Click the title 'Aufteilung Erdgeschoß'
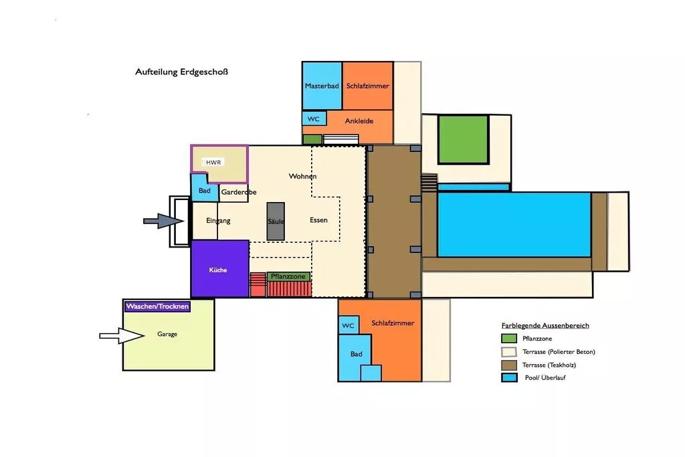click(x=181, y=72)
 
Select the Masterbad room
click(x=322, y=86)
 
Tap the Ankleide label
click(x=359, y=121)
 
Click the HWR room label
click(x=213, y=163)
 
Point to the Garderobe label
click(x=239, y=192)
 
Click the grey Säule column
click(x=276, y=221)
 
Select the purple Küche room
click(x=220, y=269)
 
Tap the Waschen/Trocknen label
click(x=157, y=306)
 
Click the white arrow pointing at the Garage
click(x=122, y=336)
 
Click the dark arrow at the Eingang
click(x=163, y=221)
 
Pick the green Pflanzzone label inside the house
click(x=288, y=276)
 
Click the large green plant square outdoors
click(x=463, y=139)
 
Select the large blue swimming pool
click(x=514, y=225)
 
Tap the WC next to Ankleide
click(x=314, y=119)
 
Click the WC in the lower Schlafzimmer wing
click(x=348, y=325)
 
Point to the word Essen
click(x=318, y=220)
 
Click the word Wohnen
click(x=303, y=177)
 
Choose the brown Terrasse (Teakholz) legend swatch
click(x=509, y=365)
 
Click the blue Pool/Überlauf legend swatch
click(x=509, y=377)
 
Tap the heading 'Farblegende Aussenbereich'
click(x=545, y=325)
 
